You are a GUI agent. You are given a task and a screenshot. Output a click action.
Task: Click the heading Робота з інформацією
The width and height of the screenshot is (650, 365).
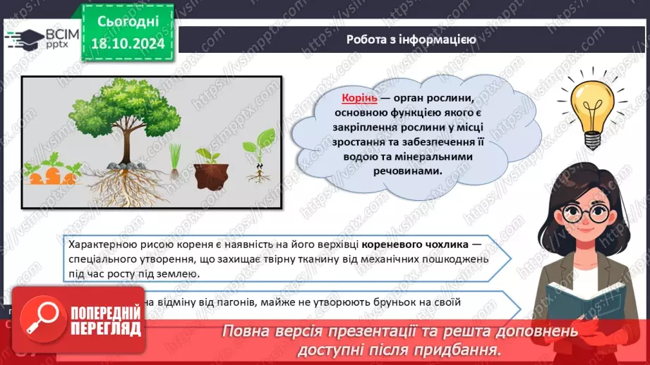[411, 39]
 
